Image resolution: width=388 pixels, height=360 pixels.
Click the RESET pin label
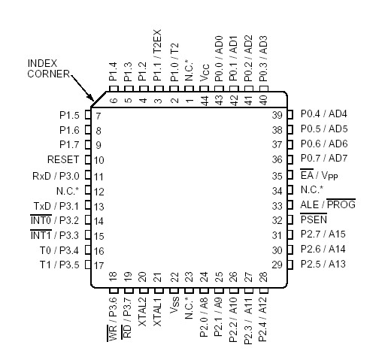tap(63, 159)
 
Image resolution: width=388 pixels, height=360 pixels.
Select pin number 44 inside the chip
tap(205, 101)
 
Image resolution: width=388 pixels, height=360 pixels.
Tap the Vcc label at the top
tap(205, 73)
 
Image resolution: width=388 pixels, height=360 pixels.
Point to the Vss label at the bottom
tap(174, 305)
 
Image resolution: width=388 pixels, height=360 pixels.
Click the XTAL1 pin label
tap(157, 311)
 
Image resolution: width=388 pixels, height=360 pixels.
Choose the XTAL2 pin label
tap(143, 311)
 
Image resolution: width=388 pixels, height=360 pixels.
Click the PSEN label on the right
tap(314, 219)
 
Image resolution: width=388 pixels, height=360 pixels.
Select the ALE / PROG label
tap(328, 204)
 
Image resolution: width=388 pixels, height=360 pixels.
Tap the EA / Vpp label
tap(319, 174)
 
